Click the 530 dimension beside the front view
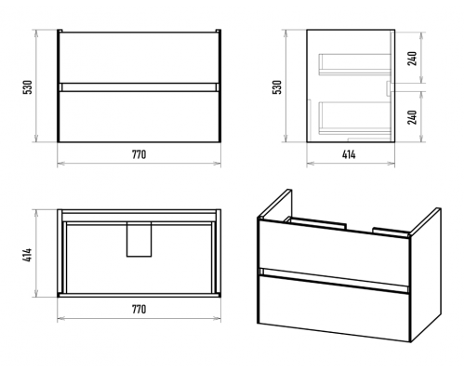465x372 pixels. click(x=28, y=87)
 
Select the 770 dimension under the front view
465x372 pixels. click(x=139, y=154)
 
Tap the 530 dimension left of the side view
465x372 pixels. click(x=277, y=87)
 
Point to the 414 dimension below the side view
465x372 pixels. click(x=349, y=154)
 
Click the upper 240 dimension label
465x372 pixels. click(x=412, y=59)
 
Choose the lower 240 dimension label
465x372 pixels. click(x=412, y=117)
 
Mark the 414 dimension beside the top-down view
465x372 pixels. click(x=28, y=255)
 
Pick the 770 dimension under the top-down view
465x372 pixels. click(x=139, y=309)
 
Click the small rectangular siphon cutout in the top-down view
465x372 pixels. click(x=139, y=239)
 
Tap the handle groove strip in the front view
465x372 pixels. click(x=139, y=87)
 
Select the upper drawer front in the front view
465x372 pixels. click(x=139, y=58)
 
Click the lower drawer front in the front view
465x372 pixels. click(x=139, y=116)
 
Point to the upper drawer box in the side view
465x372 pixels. click(x=354, y=64)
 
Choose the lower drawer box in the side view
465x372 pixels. click(x=354, y=118)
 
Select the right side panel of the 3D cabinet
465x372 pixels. click(x=425, y=276)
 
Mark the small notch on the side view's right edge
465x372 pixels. click(x=388, y=88)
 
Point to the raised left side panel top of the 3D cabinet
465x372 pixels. click(x=275, y=204)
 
